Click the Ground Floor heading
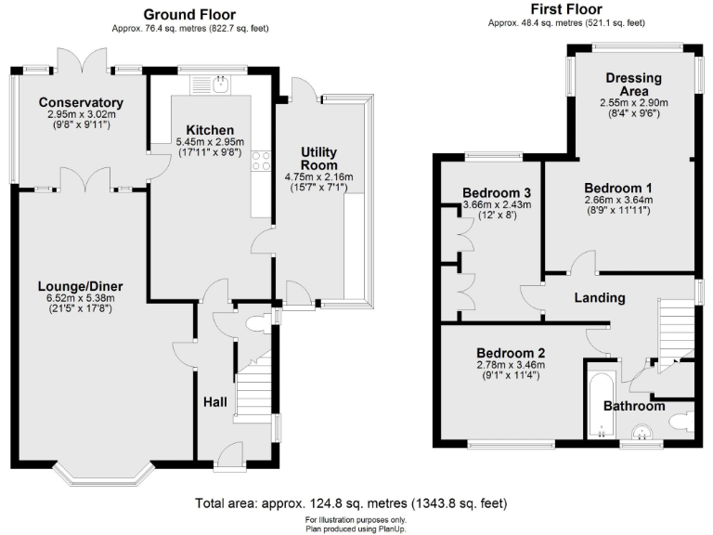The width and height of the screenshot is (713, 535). (188, 14)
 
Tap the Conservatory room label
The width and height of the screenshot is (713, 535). (82, 102)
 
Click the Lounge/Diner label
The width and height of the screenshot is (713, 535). (81, 285)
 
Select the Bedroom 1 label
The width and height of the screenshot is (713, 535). (619, 186)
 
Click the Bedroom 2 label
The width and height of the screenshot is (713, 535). (511, 353)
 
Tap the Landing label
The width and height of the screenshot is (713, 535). (600, 297)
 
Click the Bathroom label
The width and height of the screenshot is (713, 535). (634, 406)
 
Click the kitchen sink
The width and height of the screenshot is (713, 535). (220, 85)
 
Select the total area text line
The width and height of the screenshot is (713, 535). (351, 503)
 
